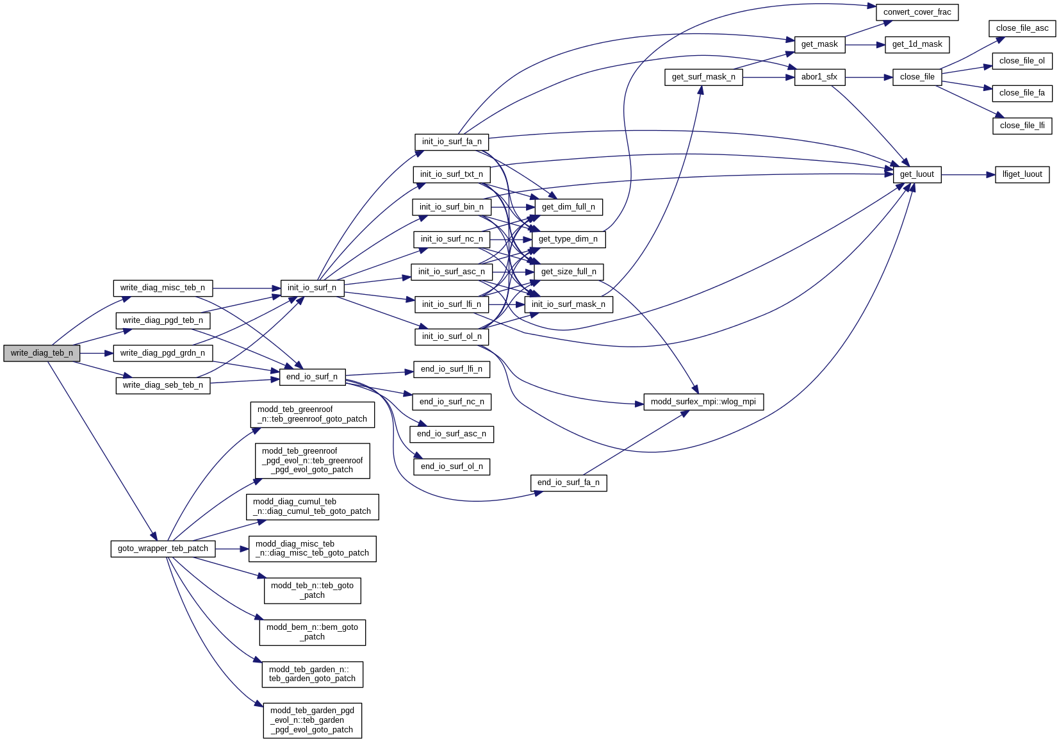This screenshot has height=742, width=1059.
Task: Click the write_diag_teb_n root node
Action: pyautogui.click(x=42, y=353)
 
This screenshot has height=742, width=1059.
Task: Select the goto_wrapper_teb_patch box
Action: pyautogui.click(x=163, y=548)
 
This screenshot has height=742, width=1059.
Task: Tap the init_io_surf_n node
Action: pyautogui.click(x=312, y=288)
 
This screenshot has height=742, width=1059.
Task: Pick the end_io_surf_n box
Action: pyautogui.click(x=312, y=377)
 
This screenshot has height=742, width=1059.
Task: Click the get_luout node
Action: pyautogui.click(x=917, y=174)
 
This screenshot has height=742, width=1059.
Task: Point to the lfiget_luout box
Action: pyautogui.click(x=1022, y=174)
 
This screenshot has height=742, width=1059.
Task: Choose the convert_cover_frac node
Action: pyautogui.click(x=917, y=12)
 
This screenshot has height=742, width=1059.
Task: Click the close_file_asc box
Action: pyautogui.click(x=1022, y=28)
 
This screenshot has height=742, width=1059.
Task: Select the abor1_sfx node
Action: pyautogui.click(x=819, y=77)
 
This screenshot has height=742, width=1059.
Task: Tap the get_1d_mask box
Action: pyautogui.click(x=917, y=44)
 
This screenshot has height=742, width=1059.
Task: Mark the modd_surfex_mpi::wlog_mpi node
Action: pyautogui.click(x=703, y=402)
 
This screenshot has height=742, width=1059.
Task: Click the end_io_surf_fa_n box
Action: pyautogui.click(x=568, y=482)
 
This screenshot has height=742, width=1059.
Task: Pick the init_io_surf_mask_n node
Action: pyautogui.click(x=568, y=304)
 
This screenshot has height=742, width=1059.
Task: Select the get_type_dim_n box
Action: pyautogui.click(x=568, y=239)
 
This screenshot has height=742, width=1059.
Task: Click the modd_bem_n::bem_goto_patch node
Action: pyautogui.click(x=312, y=632)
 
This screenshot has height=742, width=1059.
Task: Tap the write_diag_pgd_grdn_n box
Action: pyautogui.click(x=163, y=353)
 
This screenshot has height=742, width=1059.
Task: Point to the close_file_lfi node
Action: pyautogui.click(x=1022, y=126)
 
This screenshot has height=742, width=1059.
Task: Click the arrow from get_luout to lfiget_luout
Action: pyautogui.click(x=967, y=174)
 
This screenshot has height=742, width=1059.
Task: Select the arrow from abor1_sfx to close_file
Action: pyautogui.click(x=869, y=77)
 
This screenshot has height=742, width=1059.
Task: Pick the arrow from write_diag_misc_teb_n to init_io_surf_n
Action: pyautogui.click(x=247, y=288)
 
